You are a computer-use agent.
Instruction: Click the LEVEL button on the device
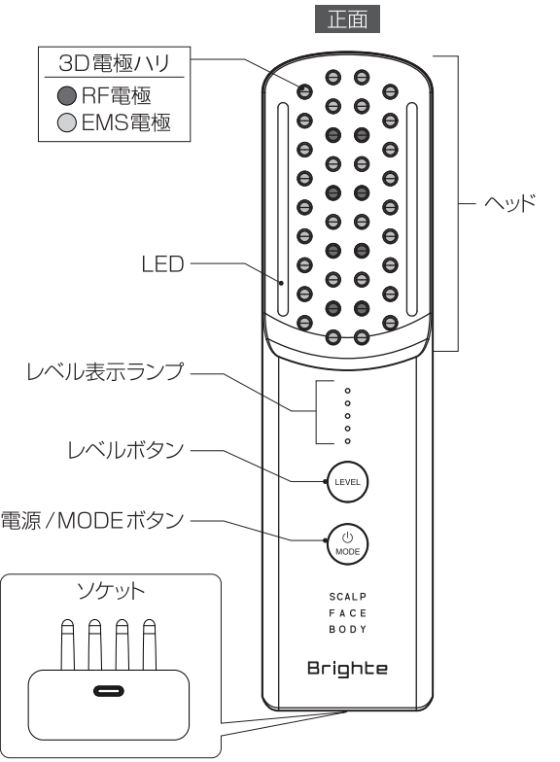347,482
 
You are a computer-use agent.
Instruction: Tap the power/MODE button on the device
347,544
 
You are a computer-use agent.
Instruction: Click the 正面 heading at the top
347,19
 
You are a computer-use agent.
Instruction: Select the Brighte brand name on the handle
347,669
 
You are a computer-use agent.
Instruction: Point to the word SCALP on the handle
348,597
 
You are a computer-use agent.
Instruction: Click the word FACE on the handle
348,612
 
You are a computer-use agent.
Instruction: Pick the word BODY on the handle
348,630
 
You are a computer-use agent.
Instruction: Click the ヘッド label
509,202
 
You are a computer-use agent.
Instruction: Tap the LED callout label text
162,264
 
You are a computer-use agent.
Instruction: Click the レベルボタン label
125,450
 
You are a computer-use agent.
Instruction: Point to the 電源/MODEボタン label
92,521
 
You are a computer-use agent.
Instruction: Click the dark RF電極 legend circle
66,95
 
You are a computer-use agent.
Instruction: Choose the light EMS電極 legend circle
66,122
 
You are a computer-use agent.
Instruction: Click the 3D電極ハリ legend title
115,63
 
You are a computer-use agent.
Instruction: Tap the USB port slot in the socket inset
109,690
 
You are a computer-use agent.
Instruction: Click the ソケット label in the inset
111,591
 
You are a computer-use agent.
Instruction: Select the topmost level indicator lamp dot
348,391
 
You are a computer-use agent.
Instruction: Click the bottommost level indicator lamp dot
348,441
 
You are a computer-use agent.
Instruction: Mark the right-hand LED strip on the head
412,210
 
